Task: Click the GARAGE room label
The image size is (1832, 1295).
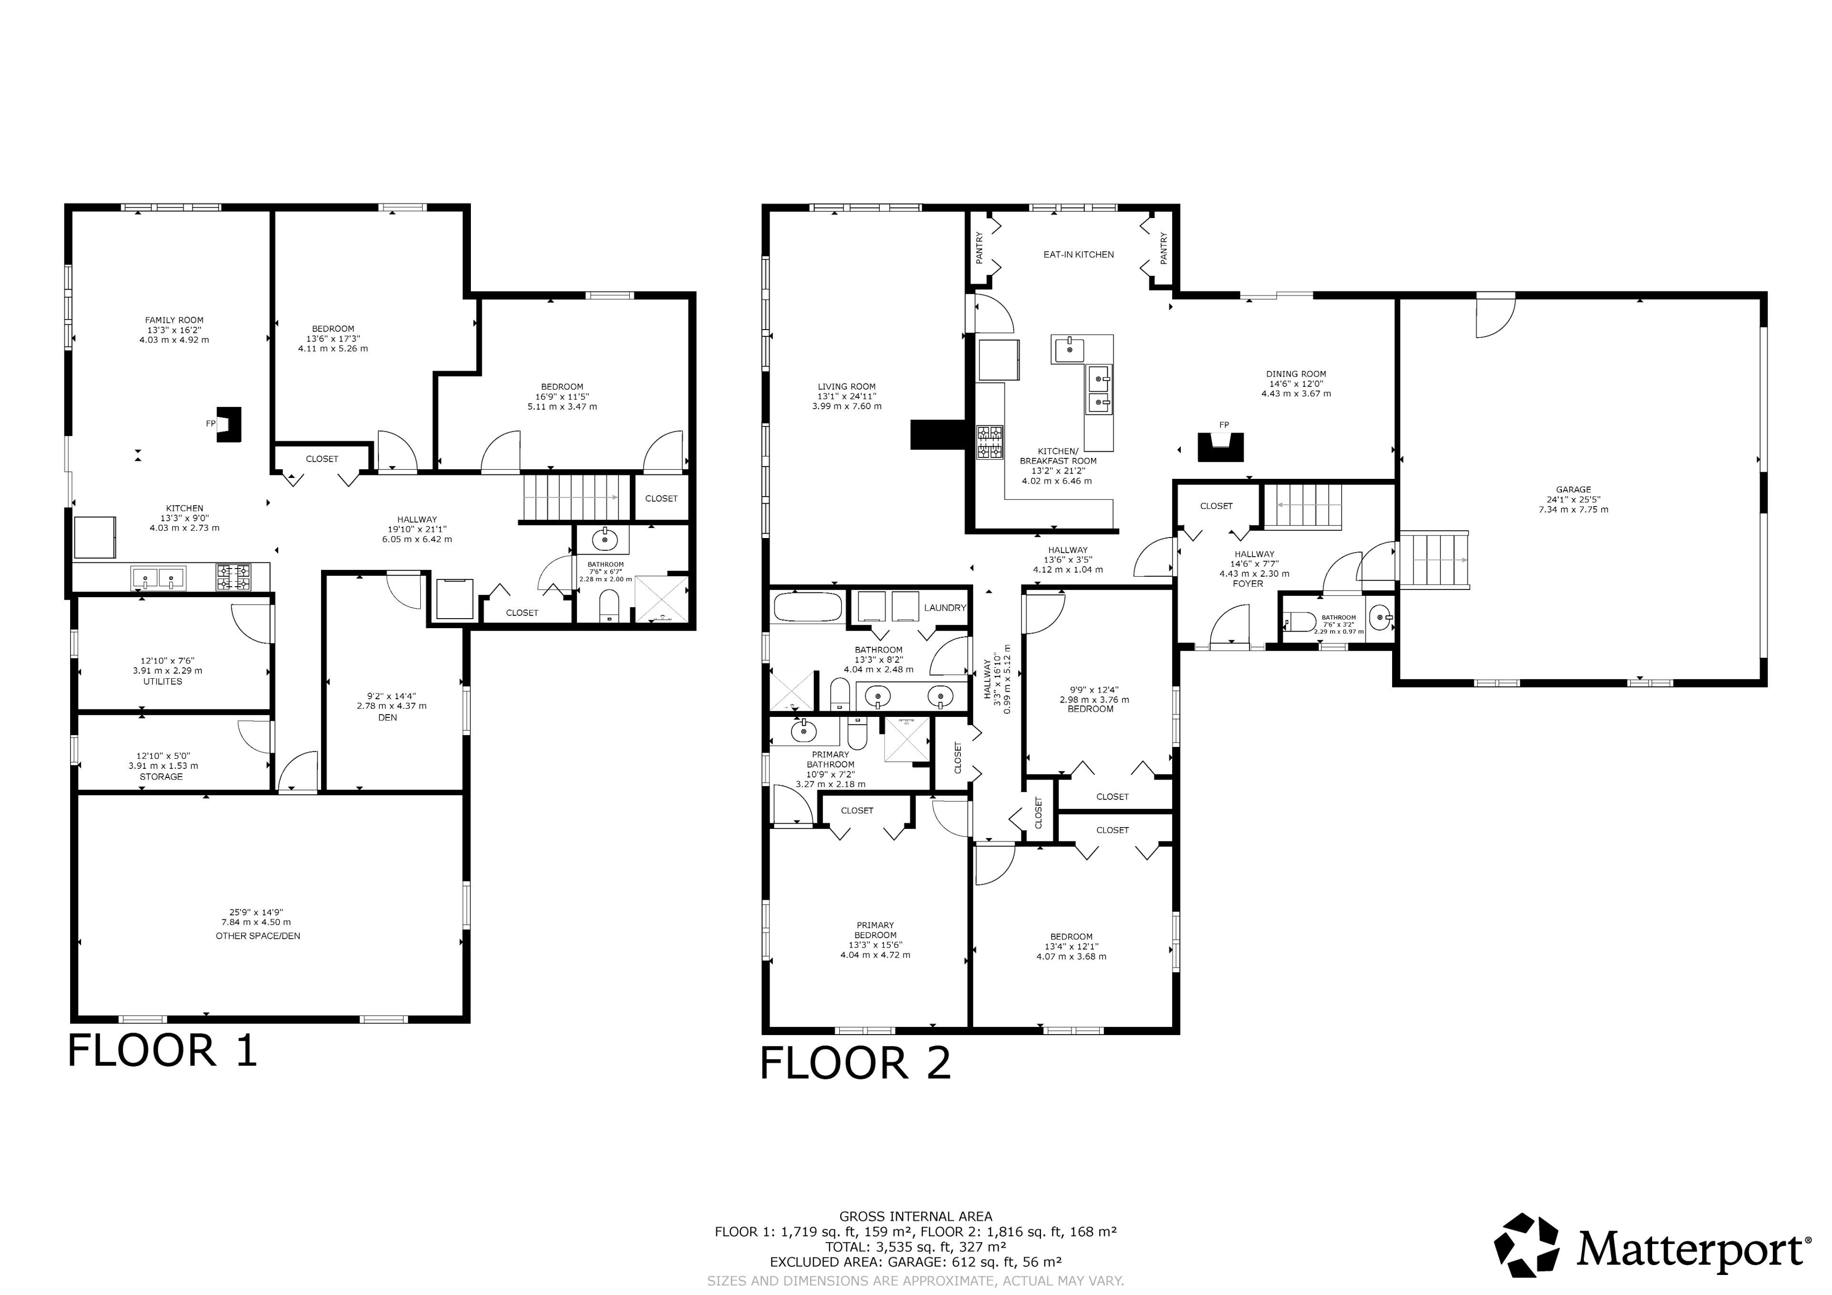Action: tap(1573, 490)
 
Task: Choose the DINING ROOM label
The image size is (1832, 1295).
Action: tap(1296, 373)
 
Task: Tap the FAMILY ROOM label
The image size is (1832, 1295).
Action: tap(174, 320)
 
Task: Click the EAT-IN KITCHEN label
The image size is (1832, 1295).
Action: tap(1079, 255)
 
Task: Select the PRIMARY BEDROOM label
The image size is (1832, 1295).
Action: tap(875, 931)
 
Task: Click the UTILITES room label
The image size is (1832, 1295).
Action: tap(163, 682)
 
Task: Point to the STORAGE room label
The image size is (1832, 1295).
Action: tap(161, 777)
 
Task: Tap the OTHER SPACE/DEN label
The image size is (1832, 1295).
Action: tap(258, 936)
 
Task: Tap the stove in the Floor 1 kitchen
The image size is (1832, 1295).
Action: tap(232, 577)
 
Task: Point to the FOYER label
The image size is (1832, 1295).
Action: tap(1248, 583)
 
